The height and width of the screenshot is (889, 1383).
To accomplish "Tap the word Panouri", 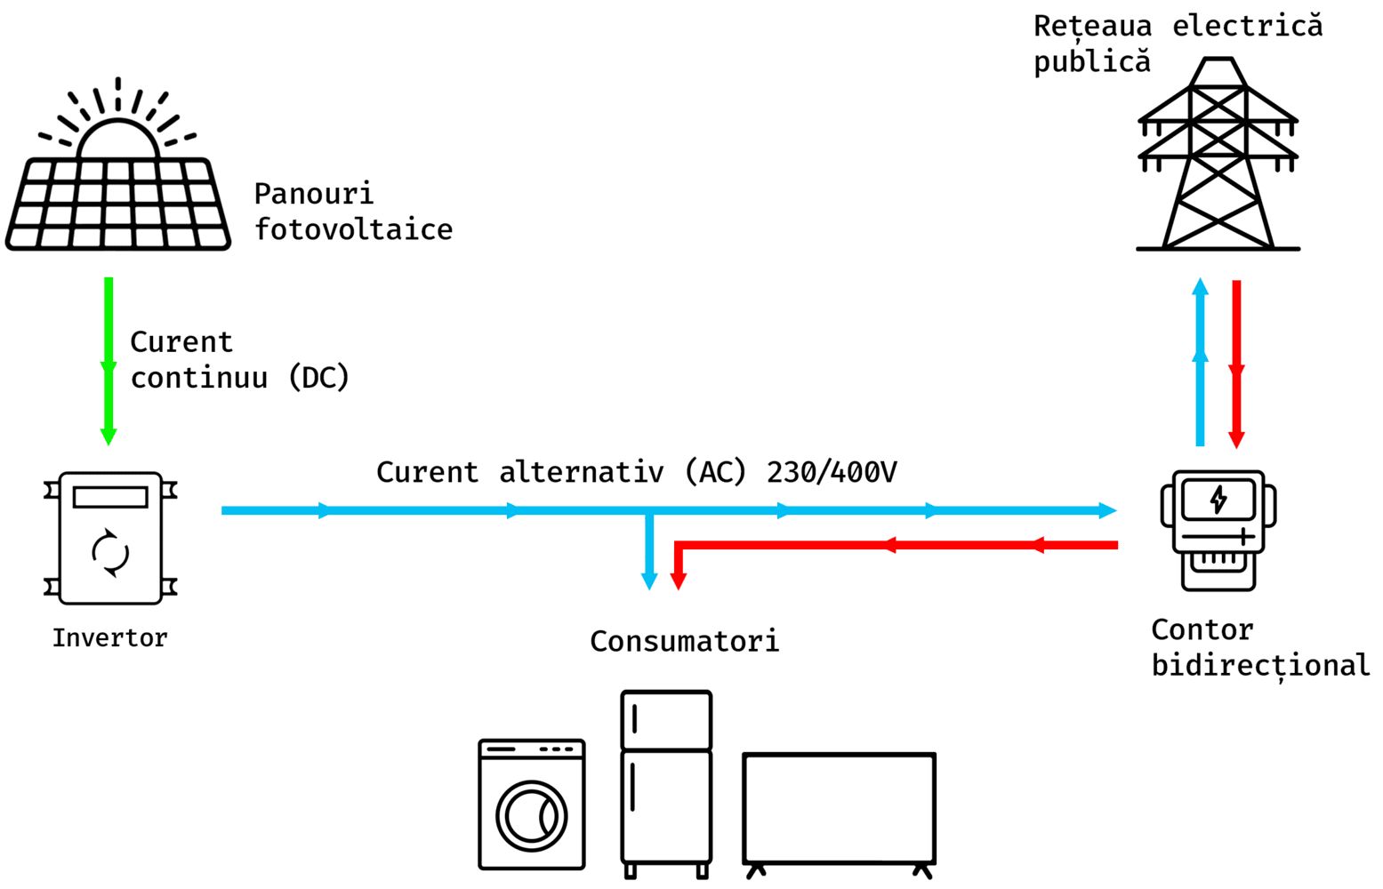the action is (x=314, y=194).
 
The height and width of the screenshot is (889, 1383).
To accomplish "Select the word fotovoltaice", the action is (x=354, y=229).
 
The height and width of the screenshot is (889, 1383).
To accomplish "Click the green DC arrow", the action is (x=109, y=361).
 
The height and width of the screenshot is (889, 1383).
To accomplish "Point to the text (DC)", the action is (x=319, y=378).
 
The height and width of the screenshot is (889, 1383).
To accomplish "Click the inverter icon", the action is (x=110, y=538).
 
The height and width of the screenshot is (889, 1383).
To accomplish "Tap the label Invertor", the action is (x=110, y=638).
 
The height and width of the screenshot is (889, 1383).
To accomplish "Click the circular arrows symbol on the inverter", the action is (x=110, y=553).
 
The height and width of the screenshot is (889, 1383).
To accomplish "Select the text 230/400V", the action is (x=832, y=473).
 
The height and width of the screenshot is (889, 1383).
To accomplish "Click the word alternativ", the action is (x=581, y=473).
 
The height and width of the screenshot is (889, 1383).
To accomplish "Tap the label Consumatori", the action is (x=685, y=642).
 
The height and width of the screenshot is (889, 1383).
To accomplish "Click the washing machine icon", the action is (x=532, y=805).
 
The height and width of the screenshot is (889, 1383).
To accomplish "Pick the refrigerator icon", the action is (x=666, y=784).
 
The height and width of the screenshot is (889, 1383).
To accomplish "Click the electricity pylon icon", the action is (x=1218, y=154).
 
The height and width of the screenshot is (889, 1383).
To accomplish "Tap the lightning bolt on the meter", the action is (x=1218, y=500).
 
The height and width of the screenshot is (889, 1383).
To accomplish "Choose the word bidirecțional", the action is (x=1261, y=666).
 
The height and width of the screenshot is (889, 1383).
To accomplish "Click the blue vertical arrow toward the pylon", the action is (x=1201, y=362).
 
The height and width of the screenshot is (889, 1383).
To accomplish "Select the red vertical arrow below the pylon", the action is (x=1236, y=364).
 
